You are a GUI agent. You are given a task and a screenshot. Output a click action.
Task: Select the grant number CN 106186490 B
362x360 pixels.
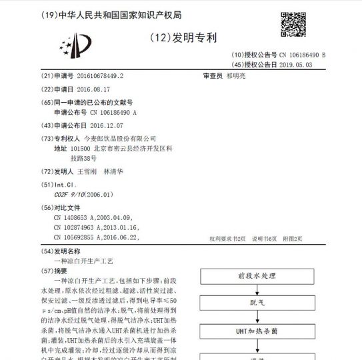click(303, 54)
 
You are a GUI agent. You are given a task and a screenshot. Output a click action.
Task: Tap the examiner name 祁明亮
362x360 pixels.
click(237, 76)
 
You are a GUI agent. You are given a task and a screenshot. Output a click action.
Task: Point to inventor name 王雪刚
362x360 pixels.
click(87, 171)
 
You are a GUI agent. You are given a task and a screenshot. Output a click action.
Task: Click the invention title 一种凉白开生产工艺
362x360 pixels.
click(83, 262)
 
